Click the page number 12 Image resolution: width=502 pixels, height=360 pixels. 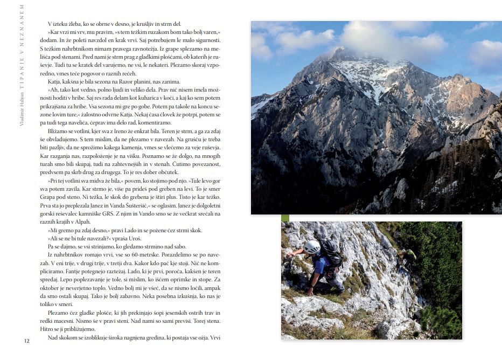coord(26,341)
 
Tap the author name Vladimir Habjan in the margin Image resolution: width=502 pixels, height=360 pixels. coord(22,108)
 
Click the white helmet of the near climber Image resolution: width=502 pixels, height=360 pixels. coord(312,247)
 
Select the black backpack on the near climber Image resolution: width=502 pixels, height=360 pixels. coord(332,253)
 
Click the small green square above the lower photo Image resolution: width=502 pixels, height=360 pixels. coord(285,218)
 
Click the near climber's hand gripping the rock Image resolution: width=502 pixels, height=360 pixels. coord(289,253)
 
